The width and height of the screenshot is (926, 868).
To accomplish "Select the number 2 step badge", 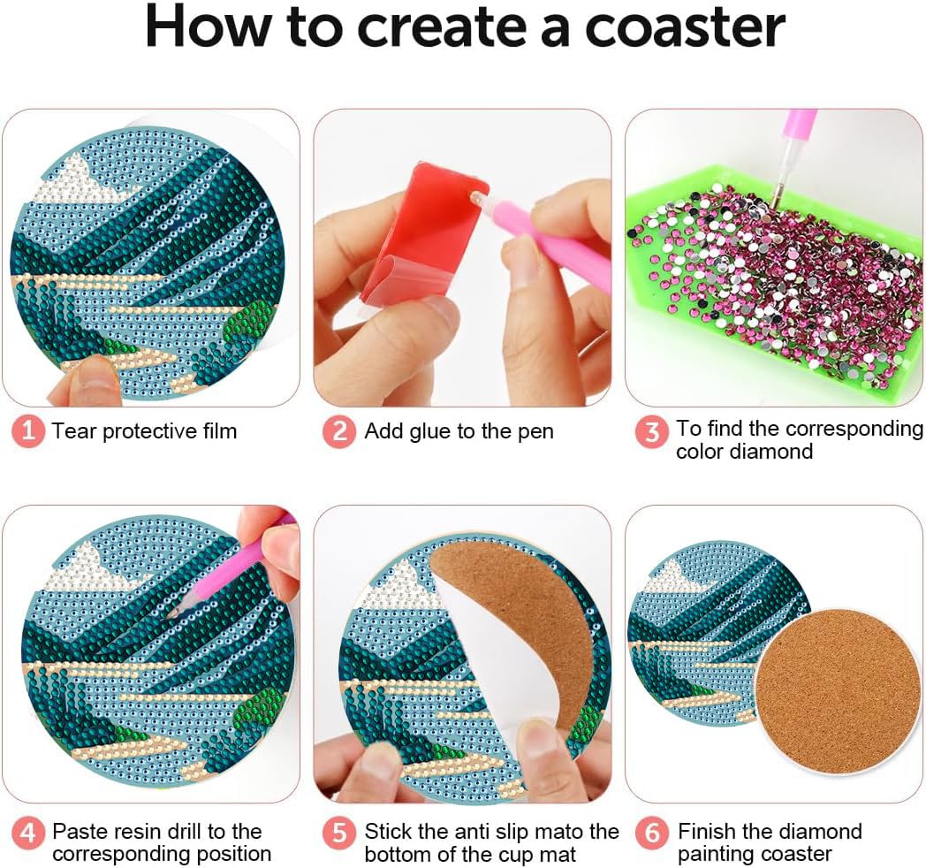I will (x=339, y=431).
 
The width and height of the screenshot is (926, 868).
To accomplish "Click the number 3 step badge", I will (x=651, y=432).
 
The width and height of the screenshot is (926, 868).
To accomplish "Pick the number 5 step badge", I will (x=339, y=832).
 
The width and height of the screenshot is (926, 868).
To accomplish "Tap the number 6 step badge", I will (x=651, y=832).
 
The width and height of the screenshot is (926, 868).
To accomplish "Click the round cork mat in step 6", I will (x=826, y=690).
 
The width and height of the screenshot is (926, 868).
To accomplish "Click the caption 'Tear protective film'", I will (x=144, y=431).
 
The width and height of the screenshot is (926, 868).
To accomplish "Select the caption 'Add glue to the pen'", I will (x=459, y=431).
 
